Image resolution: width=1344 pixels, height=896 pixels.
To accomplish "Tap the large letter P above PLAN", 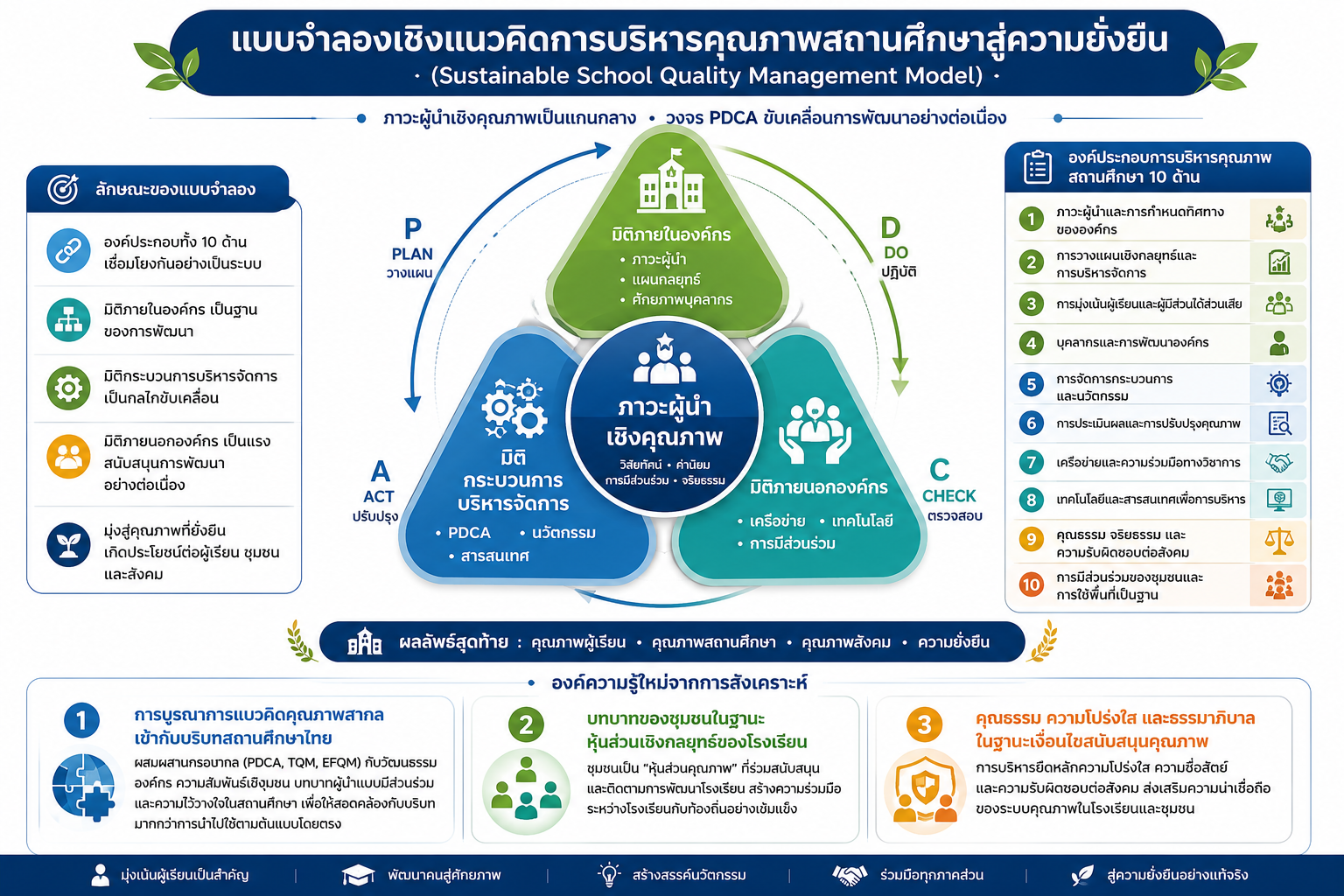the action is (x=412, y=228).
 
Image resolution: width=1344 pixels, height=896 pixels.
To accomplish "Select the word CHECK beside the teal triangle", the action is (x=948, y=496).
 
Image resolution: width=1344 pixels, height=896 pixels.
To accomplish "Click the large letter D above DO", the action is (x=891, y=228).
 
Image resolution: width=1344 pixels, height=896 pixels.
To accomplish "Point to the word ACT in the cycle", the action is (x=379, y=497).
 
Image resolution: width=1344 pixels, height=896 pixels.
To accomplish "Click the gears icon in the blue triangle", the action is (x=514, y=408).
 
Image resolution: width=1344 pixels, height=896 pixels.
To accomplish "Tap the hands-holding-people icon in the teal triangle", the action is (x=815, y=430).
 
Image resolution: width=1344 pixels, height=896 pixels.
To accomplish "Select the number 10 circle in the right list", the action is (x=1031, y=584).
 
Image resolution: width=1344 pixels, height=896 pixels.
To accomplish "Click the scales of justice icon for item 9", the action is (x=1278, y=541).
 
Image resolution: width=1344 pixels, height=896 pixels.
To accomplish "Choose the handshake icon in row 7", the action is (x=1278, y=462).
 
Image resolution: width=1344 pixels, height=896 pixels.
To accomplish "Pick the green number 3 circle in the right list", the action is (x=1031, y=304).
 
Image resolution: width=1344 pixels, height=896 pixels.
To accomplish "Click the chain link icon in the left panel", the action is (x=68, y=251).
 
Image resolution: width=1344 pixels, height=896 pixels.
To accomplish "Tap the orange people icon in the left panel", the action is (x=68, y=457).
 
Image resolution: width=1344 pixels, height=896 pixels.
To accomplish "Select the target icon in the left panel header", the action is (x=63, y=189).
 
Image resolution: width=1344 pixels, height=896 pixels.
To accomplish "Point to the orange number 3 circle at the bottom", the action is (x=924, y=724).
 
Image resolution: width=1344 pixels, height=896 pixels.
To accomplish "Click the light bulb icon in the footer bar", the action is (x=609, y=874).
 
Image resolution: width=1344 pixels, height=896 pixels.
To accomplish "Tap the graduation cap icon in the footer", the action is (x=358, y=875).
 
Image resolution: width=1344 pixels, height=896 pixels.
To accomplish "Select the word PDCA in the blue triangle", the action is (x=469, y=533).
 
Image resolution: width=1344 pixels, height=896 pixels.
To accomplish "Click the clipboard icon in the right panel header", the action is (x=1038, y=167).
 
